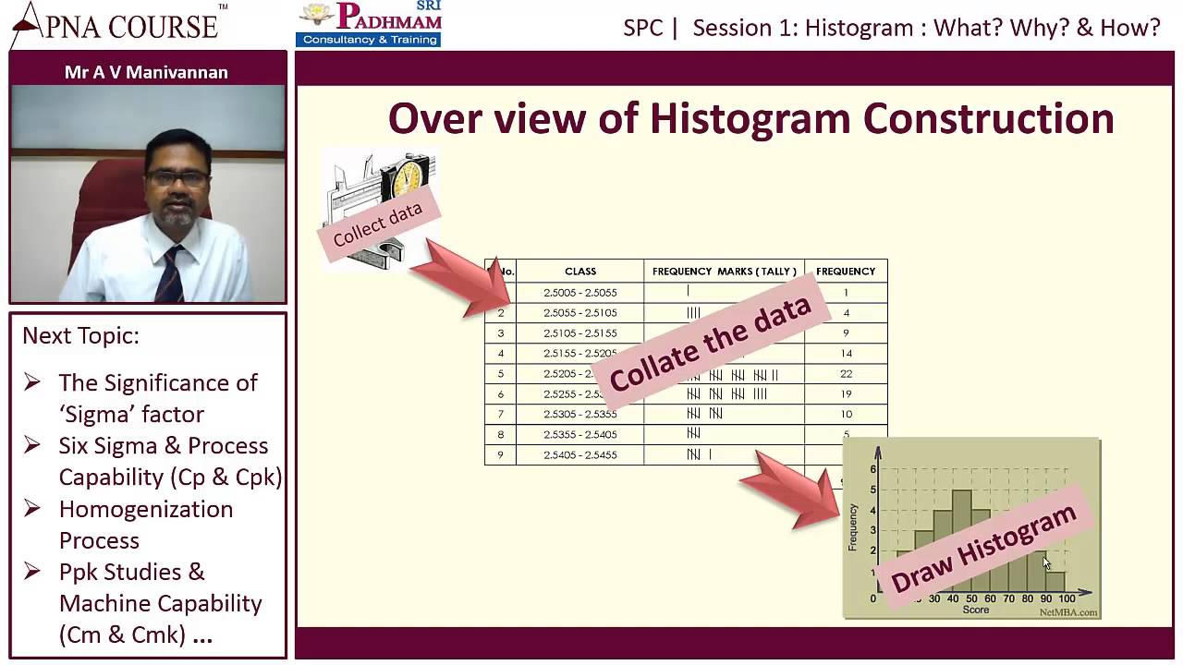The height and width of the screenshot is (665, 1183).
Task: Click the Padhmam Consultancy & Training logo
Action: [369, 24]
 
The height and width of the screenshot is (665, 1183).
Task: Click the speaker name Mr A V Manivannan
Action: [146, 72]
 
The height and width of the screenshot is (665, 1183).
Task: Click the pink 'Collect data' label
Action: [377, 224]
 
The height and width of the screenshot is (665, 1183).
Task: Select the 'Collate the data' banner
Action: [710, 344]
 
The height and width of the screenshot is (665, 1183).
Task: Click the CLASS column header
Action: [580, 272]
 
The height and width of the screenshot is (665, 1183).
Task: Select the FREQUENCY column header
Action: [845, 272]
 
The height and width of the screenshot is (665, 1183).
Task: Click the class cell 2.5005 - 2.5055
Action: [580, 293]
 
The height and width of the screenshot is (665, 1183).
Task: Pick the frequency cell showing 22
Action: [846, 374]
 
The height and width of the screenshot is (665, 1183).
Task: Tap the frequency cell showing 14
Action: [846, 354]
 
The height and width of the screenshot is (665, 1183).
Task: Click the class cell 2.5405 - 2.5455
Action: [580, 454]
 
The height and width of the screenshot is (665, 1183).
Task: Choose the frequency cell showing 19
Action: [846, 394]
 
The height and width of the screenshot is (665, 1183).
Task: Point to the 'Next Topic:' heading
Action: [80, 335]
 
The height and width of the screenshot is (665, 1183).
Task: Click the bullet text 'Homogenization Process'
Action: [145, 524]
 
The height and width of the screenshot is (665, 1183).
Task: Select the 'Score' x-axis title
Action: [975, 610]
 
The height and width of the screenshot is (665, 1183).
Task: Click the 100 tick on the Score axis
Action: [1067, 598]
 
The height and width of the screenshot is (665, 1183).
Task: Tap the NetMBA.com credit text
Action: [1067, 611]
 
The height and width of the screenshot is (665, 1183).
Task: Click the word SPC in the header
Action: [643, 28]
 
